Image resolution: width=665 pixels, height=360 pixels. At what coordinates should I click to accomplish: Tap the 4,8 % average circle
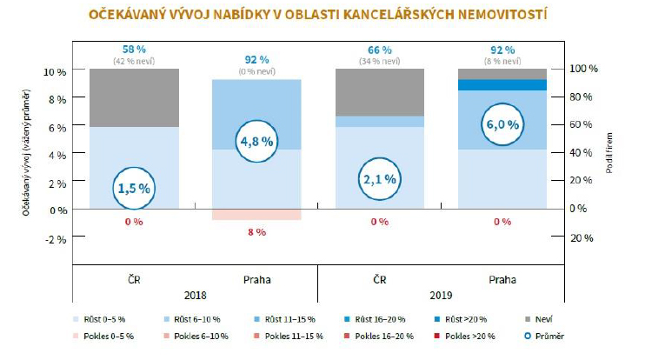pyautogui.click(x=257, y=140)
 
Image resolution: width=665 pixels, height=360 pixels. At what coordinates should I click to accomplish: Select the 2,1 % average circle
pyautogui.click(x=379, y=179)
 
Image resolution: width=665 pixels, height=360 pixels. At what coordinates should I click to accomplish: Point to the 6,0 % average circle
pyautogui.click(x=502, y=124)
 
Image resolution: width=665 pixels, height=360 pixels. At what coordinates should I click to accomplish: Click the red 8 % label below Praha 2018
pyautogui.click(x=257, y=232)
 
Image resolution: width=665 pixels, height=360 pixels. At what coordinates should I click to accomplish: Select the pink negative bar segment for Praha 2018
pyautogui.click(x=257, y=214)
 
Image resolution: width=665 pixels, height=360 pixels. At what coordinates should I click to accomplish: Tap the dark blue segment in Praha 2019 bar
pyautogui.click(x=502, y=84)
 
